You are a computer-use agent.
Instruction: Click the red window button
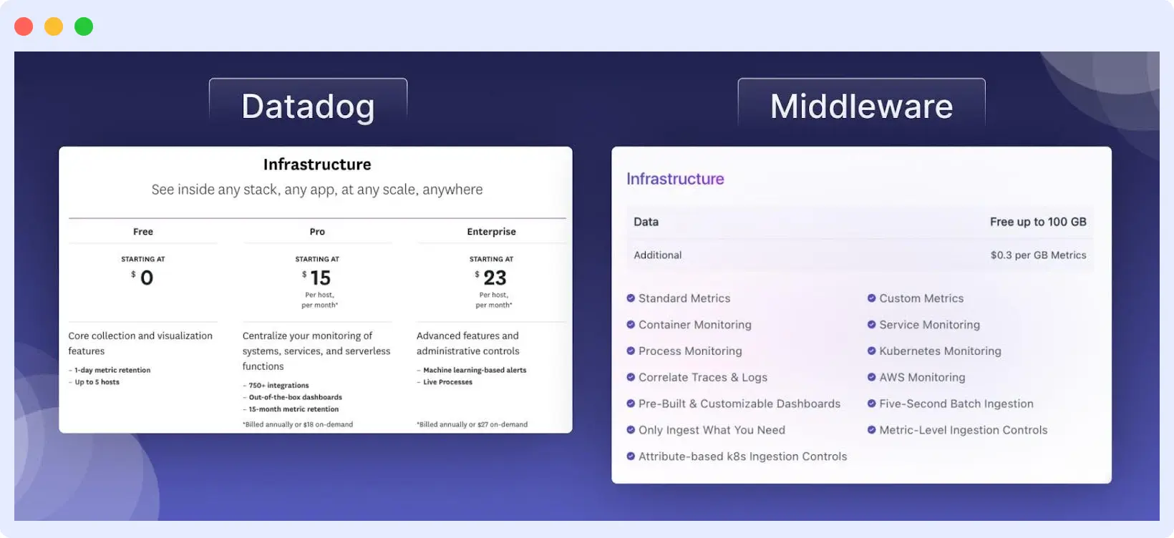click(24, 26)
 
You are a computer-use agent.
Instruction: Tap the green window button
click(84, 26)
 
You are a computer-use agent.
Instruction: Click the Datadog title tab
click(308, 106)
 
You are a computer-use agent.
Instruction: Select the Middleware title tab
click(861, 106)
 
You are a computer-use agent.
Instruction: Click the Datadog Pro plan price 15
click(320, 278)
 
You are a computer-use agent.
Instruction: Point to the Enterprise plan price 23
click(495, 278)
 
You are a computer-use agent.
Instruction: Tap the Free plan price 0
click(146, 278)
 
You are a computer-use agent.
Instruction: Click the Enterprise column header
click(491, 232)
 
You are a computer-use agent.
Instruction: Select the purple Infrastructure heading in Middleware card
click(675, 179)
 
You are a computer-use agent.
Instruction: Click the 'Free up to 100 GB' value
click(1038, 222)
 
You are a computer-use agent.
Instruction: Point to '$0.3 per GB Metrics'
click(1038, 255)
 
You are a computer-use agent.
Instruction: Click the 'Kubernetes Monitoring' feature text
click(940, 351)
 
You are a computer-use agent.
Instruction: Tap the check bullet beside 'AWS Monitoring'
click(871, 377)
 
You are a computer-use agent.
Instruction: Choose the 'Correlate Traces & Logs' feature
click(702, 378)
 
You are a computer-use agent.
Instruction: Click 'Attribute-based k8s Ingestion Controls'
click(742, 456)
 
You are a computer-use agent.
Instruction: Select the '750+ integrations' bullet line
click(278, 386)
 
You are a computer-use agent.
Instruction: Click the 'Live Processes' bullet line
click(447, 382)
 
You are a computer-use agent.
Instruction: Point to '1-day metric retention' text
click(112, 371)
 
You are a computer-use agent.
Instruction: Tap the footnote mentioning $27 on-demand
click(472, 424)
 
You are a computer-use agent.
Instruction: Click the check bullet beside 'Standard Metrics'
click(631, 298)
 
